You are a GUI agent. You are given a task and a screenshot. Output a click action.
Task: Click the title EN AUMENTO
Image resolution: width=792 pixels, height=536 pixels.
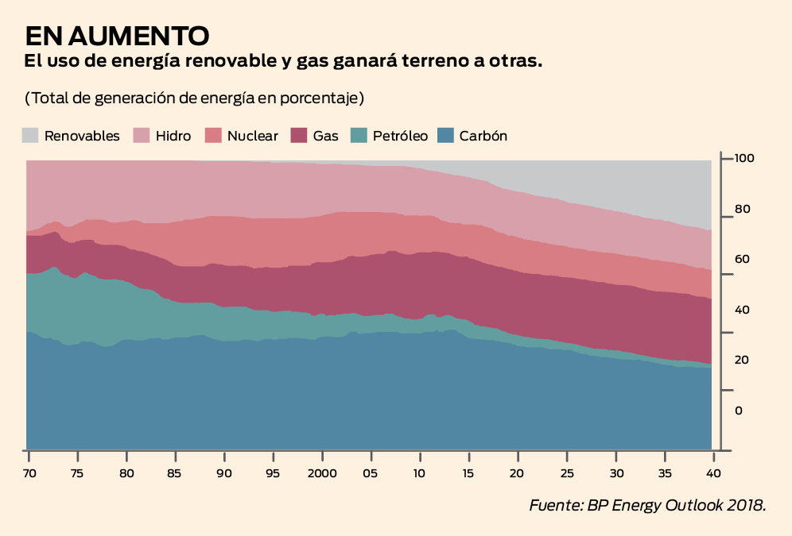point(118,36)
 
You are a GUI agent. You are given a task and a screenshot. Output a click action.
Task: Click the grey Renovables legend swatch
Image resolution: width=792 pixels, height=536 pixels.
point(30,135)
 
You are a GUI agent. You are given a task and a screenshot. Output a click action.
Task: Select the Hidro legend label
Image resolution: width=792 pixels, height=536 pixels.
point(173,136)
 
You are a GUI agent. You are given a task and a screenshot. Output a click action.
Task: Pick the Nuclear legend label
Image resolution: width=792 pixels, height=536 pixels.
point(253,136)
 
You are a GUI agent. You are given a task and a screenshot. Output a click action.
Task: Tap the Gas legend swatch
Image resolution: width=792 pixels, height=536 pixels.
point(299,135)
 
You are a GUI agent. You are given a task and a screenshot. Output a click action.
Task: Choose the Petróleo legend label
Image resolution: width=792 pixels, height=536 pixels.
point(400,136)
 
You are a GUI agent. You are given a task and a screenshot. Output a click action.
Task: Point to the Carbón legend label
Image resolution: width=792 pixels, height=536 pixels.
point(483,136)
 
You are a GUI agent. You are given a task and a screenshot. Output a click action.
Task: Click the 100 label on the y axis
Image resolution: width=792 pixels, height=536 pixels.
point(744,159)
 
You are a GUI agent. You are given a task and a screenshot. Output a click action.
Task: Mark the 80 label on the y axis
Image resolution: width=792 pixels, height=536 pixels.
point(742,210)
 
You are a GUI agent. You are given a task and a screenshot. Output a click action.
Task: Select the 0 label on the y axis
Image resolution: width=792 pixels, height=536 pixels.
point(739,411)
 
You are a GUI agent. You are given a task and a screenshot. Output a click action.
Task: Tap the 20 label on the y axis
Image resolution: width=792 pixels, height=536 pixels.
point(742,360)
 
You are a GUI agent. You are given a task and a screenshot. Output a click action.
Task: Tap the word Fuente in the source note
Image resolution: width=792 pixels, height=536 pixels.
point(555,506)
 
